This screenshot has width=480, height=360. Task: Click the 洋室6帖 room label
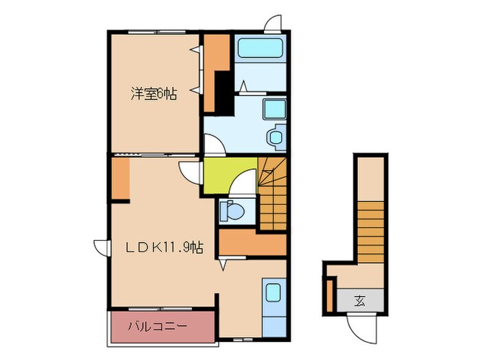coord(154,95)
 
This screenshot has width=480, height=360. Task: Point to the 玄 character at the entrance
coord(360,300)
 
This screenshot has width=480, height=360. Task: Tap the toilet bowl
coord(232,212)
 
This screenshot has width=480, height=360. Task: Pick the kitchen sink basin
coord(274,293)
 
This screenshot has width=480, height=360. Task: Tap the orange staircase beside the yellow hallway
coord(273,192)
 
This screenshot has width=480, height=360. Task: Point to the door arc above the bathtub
coord(274,22)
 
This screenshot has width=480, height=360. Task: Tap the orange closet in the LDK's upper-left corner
coord(121,178)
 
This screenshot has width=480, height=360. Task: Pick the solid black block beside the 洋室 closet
coord(223,90)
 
